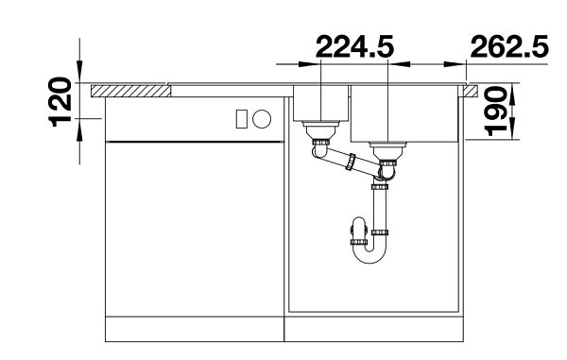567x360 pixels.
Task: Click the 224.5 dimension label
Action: click(354, 46)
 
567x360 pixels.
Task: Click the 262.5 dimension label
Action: click(510, 46)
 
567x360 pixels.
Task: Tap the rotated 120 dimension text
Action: click(60, 102)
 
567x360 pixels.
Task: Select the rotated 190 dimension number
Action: click(496, 111)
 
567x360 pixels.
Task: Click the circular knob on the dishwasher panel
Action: click(262, 119)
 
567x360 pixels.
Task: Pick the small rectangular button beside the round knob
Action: click(242, 119)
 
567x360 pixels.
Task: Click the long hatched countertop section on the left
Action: click(130, 91)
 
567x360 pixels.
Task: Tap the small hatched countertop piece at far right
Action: click(471, 91)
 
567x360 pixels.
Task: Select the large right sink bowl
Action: click(404, 113)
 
